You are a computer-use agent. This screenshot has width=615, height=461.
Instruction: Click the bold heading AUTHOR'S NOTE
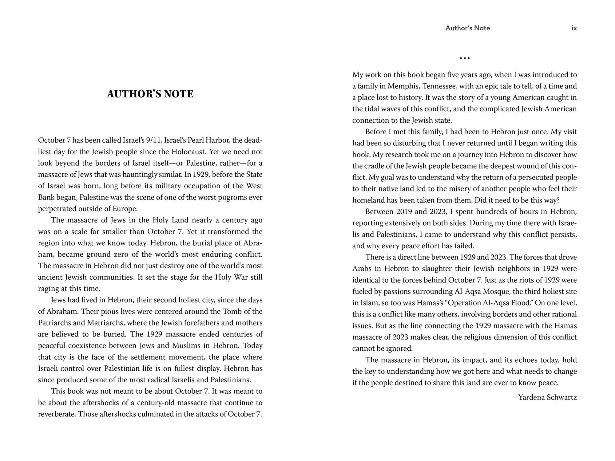[x=150, y=94]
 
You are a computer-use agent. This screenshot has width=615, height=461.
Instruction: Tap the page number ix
[x=574, y=28]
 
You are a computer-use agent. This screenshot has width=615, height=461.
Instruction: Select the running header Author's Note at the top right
[x=467, y=28]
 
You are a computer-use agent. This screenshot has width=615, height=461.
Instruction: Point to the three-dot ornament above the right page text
[x=464, y=58]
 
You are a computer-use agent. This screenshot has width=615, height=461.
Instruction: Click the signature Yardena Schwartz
[x=544, y=397]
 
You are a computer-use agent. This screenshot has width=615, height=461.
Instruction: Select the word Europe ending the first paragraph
[x=124, y=209]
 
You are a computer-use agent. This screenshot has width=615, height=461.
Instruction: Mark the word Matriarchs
[x=106, y=323]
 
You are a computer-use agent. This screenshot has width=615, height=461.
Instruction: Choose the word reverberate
[x=57, y=414]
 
